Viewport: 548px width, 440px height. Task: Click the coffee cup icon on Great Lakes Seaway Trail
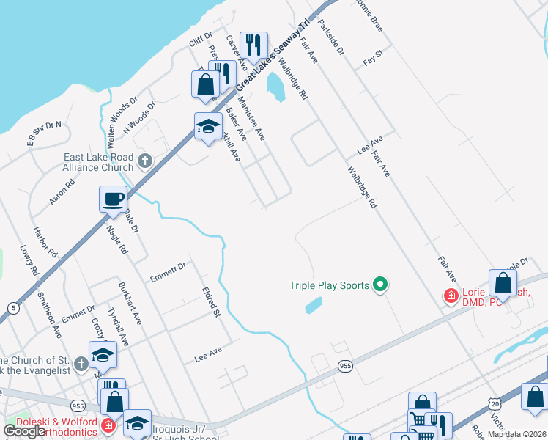[x=113, y=199]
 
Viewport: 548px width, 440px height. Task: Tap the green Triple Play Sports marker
[x=379, y=285]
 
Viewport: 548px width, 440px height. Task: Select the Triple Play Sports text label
[x=329, y=285]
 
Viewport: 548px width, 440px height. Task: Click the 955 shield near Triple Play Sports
[x=346, y=365]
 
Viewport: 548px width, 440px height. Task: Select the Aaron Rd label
[x=62, y=192]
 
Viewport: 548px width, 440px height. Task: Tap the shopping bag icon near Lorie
[x=503, y=283]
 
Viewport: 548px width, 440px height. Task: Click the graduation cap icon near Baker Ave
[x=208, y=127]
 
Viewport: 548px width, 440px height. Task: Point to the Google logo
[x=25, y=431]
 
